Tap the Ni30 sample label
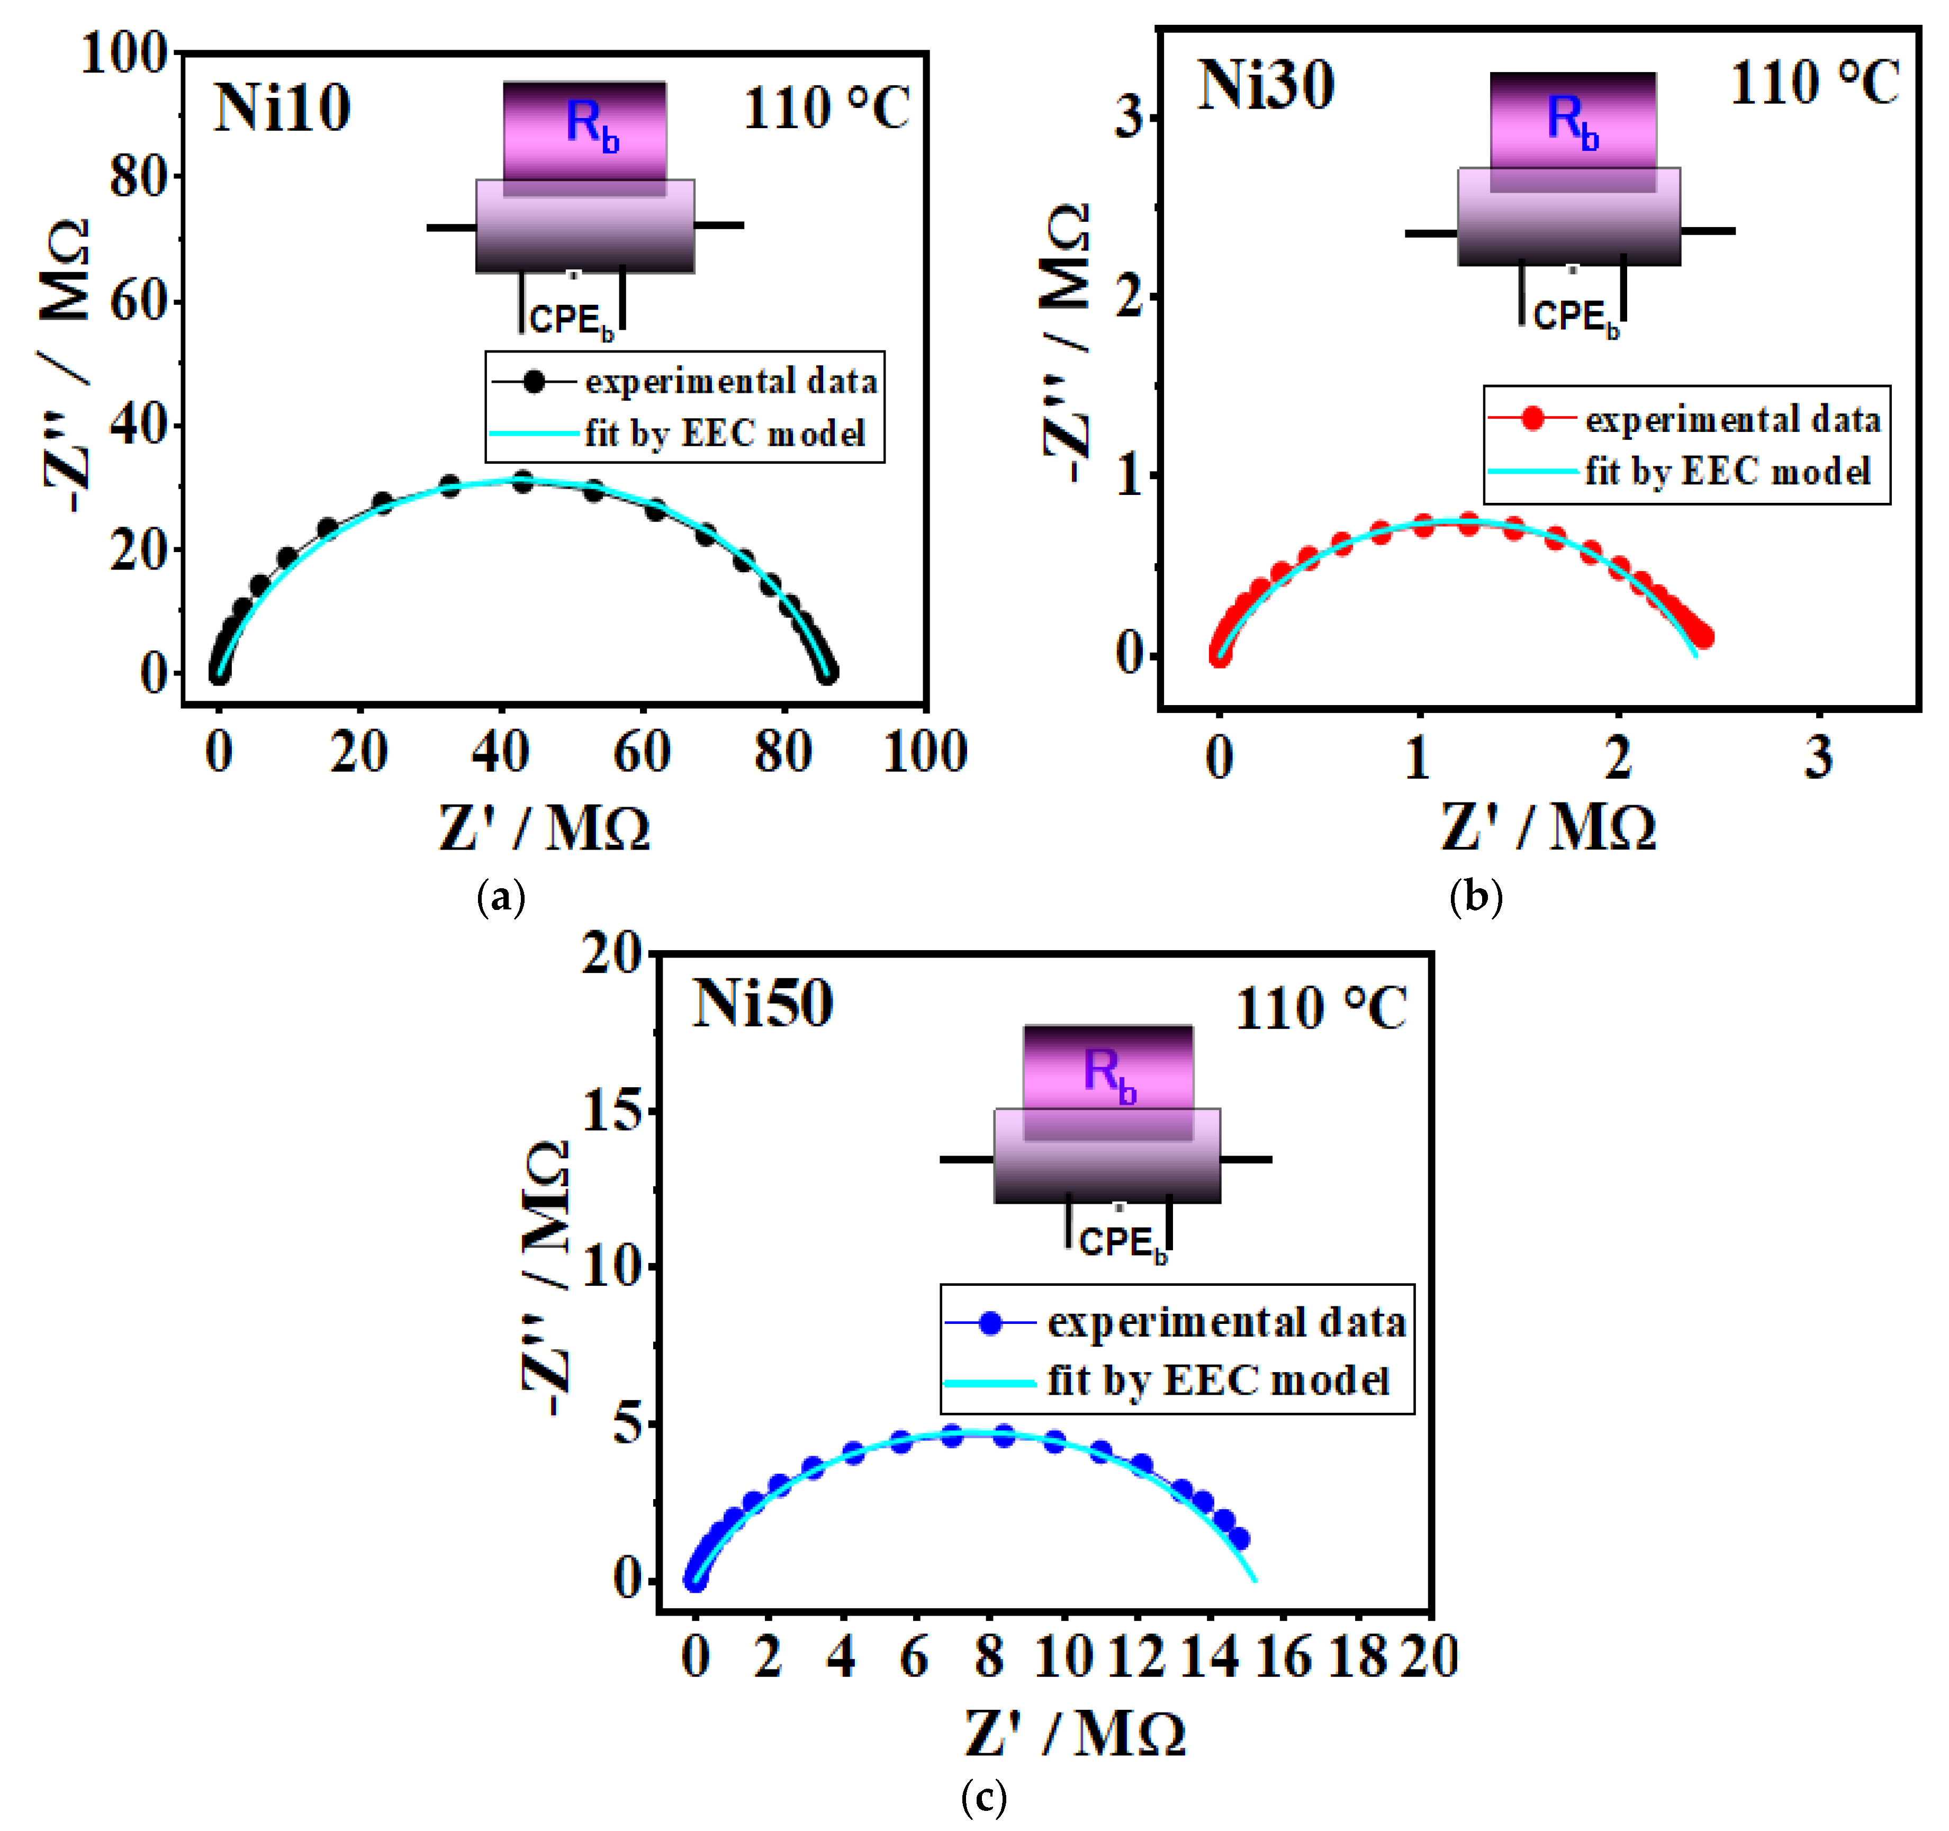click(x=1266, y=86)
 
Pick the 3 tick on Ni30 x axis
click(x=1819, y=757)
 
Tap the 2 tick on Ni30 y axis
click(x=1130, y=296)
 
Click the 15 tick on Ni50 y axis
click(x=612, y=1112)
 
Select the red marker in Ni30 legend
click(x=1532, y=420)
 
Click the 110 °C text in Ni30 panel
click(x=1813, y=84)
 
